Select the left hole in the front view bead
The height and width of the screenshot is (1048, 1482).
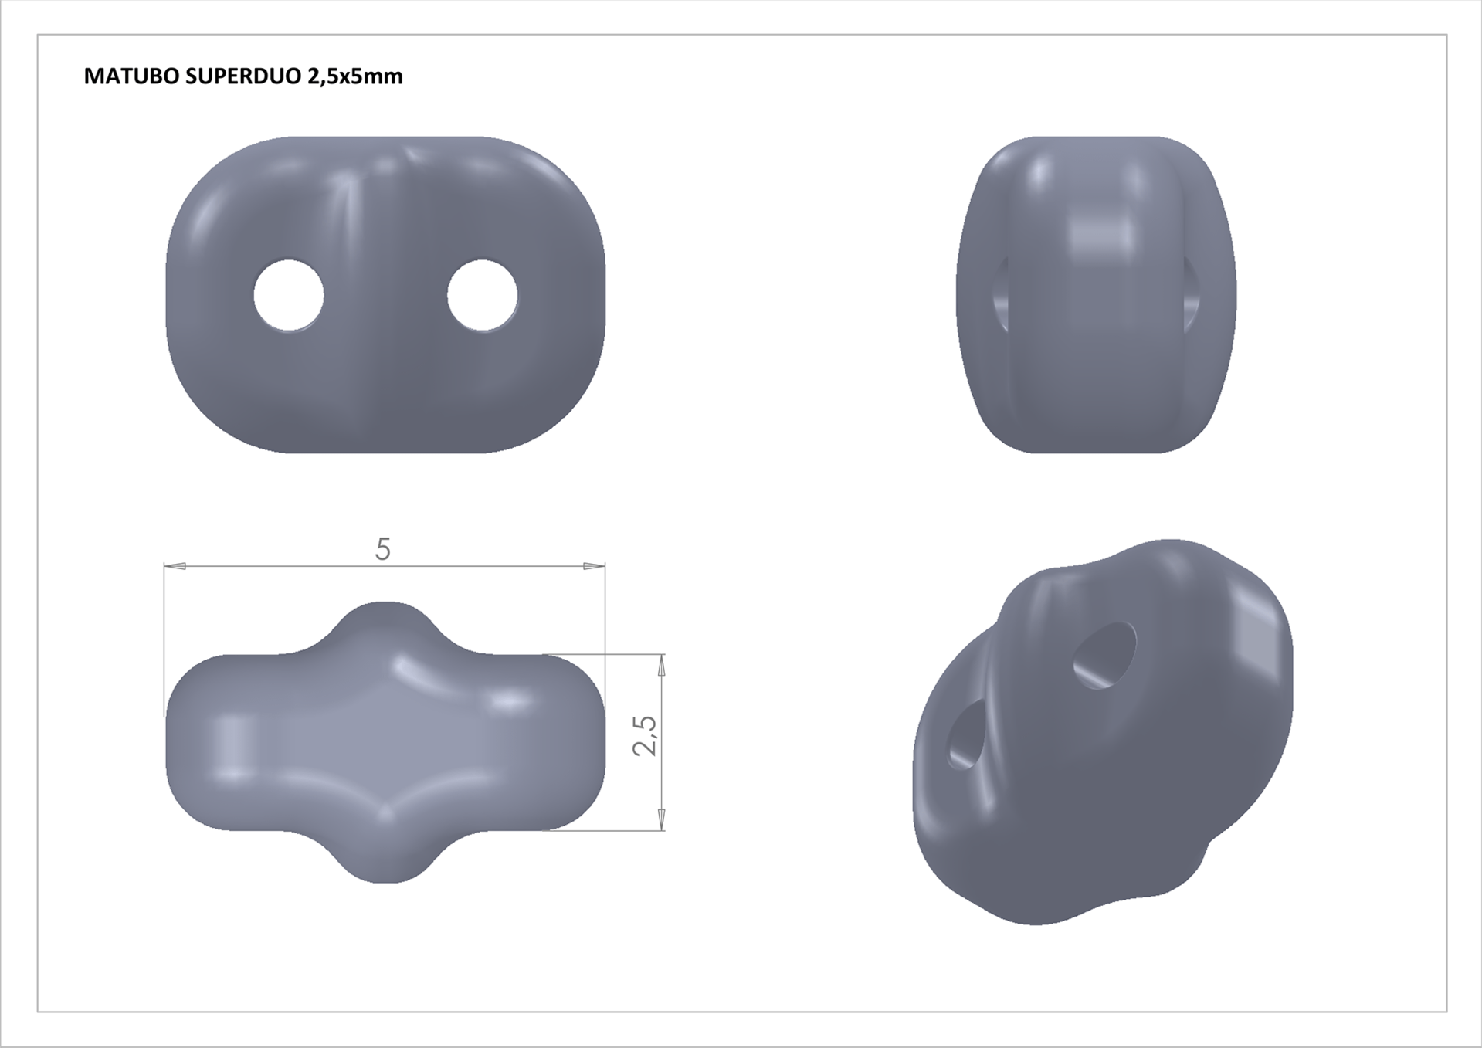coord(289,296)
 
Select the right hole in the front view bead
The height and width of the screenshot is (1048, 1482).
coord(483,296)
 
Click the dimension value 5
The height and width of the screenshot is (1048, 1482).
coord(383,549)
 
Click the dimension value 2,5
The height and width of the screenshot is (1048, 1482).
coord(645,735)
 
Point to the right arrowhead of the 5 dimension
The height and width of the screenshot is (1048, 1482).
coord(594,567)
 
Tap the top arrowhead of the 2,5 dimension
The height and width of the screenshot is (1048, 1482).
coord(662,665)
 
